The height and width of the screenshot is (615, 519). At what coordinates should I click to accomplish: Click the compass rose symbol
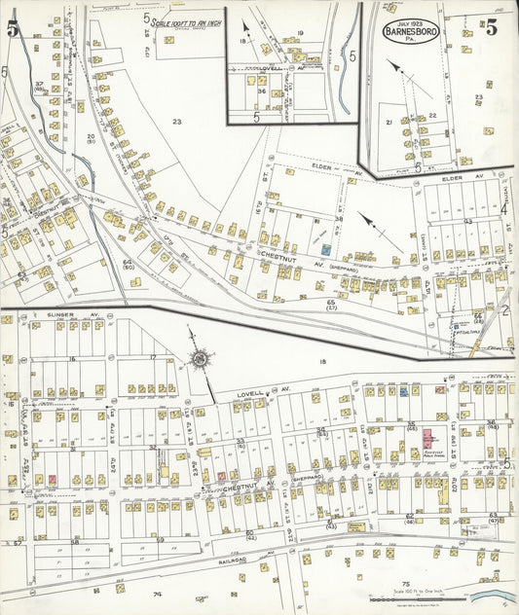click(201, 360)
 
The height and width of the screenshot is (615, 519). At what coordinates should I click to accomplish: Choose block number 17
click(153, 359)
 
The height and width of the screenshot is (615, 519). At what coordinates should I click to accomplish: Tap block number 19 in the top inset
click(301, 33)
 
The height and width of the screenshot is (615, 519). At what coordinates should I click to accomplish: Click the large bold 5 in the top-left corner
click(13, 29)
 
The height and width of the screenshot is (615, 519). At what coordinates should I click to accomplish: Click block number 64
click(128, 263)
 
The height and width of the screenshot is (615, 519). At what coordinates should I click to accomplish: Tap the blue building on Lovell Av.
click(402, 392)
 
